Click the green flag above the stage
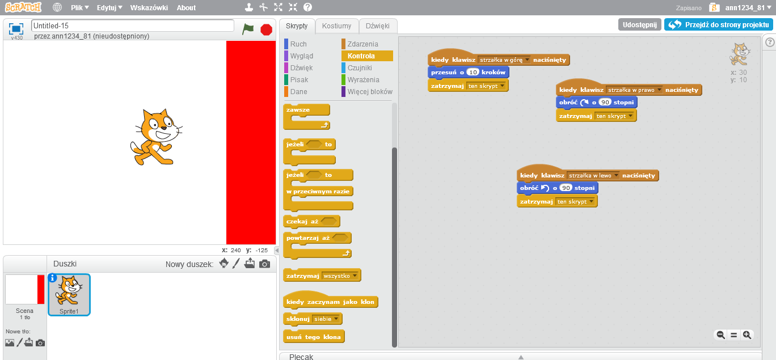(x=248, y=29)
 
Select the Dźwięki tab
(x=377, y=26)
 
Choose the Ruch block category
(x=298, y=44)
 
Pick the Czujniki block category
(x=360, y=68)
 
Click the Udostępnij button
(x=639, y=25)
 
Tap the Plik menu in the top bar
(x=80, y=8)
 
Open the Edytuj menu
(x=109, y=8)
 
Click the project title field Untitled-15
(x=133, y=26)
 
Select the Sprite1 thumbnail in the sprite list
(x=69, y=294)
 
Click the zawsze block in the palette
(x=298, y=109)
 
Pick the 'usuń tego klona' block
(x=314, y=337)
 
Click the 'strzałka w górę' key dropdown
(x=504, y=60)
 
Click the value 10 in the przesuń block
(x=473, y=73)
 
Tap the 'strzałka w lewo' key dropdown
(x=593, y=176)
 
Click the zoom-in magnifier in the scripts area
(x=747, y=335)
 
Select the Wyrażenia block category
(x=363, y=80)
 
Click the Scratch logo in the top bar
(x=23, y=7)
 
